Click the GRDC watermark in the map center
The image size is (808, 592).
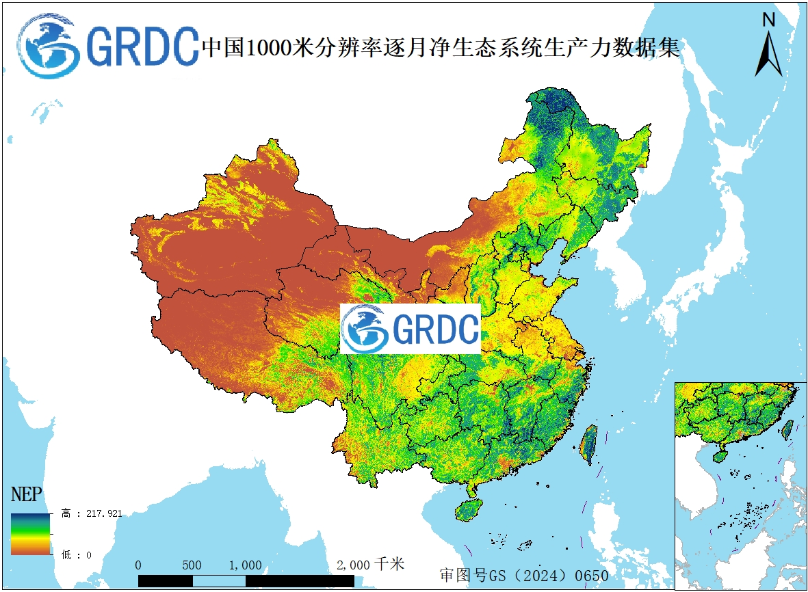click(x=410, y=329)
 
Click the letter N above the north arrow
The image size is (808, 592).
click(x=769, y=20)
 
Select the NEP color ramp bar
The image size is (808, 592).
click(x=30, y=534)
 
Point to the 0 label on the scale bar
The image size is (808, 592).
click(x=139, y=565)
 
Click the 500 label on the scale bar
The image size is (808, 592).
click(x=192, y=565)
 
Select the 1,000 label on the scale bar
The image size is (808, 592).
click(x=245, y=565)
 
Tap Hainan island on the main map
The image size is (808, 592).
click(x=469, y=510)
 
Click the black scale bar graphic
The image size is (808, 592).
click(x=246, y=580)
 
